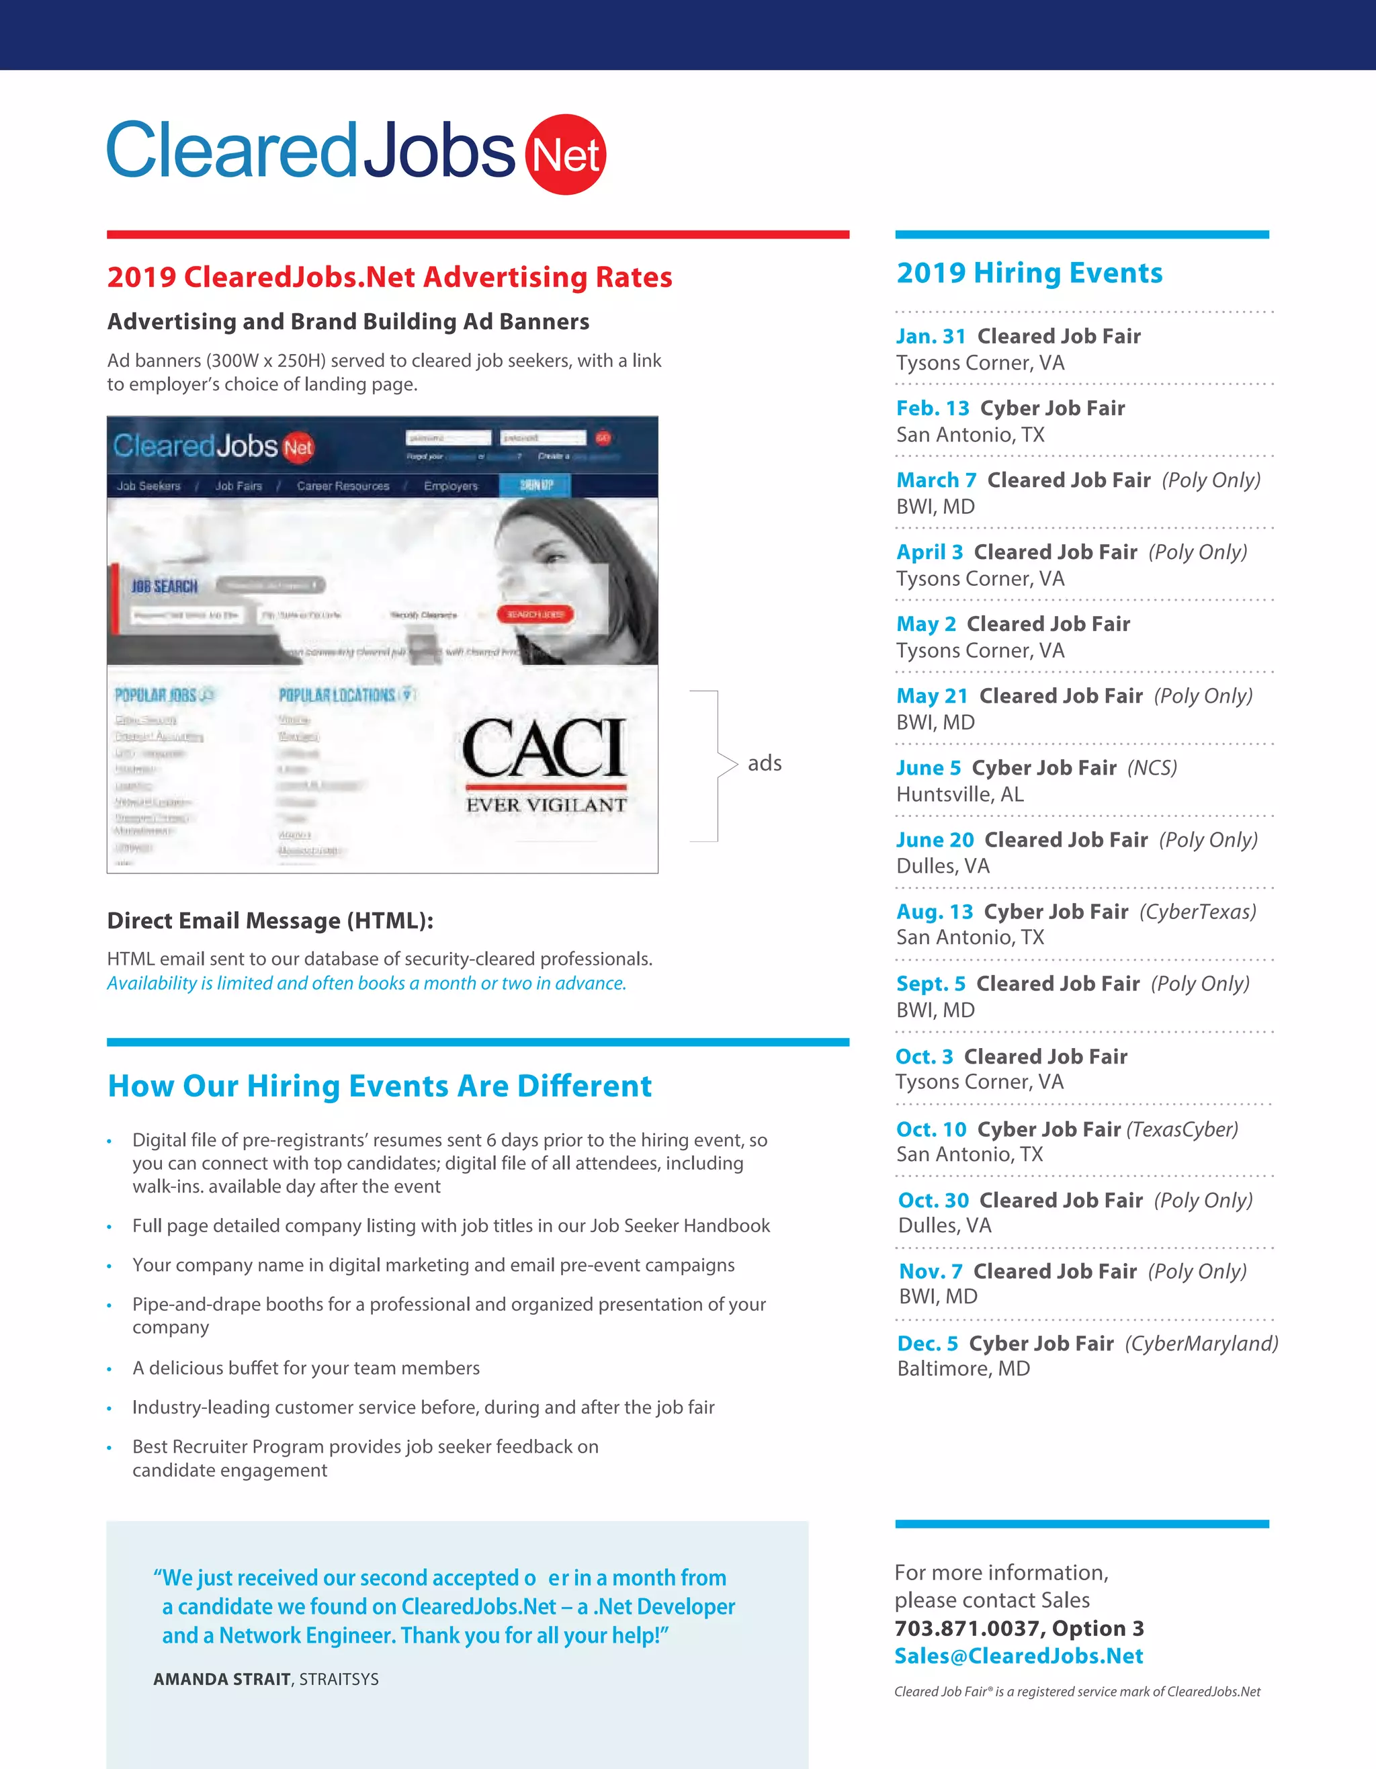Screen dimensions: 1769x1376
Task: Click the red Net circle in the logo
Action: tap(565, 154)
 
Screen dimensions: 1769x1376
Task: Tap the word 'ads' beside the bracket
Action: tap(764, 763)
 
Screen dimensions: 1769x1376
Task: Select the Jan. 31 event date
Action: tap(931, 336)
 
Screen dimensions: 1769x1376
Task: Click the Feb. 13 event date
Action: tap(932, 408)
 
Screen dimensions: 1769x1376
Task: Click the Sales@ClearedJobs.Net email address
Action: tap(1018, 1655)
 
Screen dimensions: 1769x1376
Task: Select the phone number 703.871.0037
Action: tap(969, 1628)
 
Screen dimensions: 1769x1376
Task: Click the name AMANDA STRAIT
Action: tap(221, 1679)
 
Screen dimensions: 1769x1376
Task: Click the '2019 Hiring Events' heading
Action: tap(1029, 273)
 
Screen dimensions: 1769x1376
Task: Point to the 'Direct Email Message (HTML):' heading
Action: tap(269, 920)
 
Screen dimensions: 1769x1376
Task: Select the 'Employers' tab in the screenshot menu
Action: tap(450, 486)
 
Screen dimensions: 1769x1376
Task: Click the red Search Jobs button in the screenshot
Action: tap(535, 615)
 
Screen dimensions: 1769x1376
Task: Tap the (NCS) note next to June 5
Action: tap(1152, 767)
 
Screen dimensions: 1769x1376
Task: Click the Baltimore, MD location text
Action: tap(963, 1368)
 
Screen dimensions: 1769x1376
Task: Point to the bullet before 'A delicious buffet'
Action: tap(110, 1369)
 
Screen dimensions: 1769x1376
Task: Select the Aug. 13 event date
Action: tap(934, 911)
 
